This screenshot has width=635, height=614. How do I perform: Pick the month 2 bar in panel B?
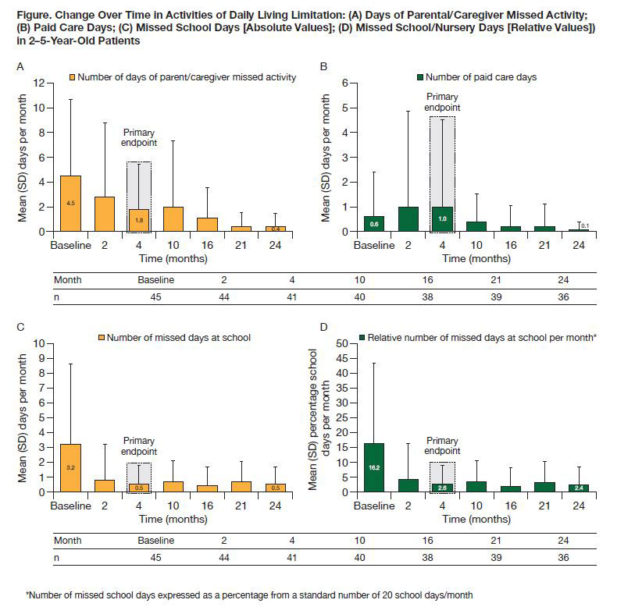coord(408,219)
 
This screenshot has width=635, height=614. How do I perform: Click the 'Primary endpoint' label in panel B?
coord(441,101)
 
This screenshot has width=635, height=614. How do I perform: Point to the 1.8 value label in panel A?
coord(138,221)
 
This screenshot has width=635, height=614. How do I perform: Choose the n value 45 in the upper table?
coord(156,296)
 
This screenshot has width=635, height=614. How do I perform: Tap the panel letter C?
coord(20,326)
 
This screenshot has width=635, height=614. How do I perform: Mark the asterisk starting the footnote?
coord(27,594)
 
